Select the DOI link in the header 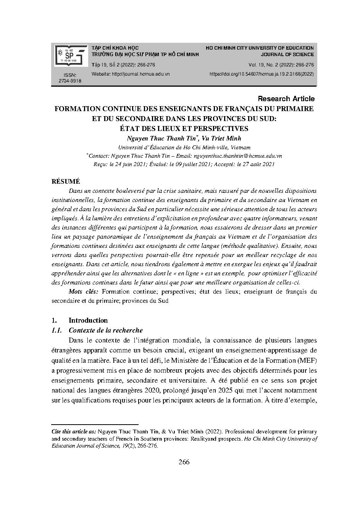262,74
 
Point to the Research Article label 286,99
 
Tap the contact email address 238,156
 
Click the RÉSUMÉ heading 66,181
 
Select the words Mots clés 84,292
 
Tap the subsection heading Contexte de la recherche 106,330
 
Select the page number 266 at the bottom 184,462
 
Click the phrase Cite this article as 74,431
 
